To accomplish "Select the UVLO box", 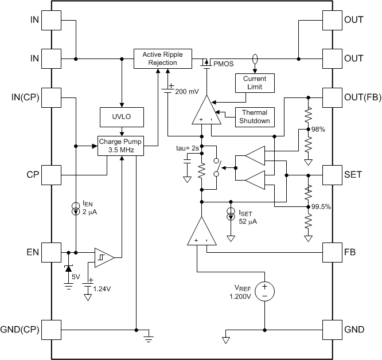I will [121, 116].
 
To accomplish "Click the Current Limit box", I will [255, 83].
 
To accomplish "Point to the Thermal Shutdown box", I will [254, 117].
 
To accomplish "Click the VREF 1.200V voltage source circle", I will [265, 291].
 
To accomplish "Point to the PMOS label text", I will [224, 64].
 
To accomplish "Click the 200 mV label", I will [187, 91].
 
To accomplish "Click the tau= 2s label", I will [188, 148].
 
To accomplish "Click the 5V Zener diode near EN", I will [69, 268].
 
